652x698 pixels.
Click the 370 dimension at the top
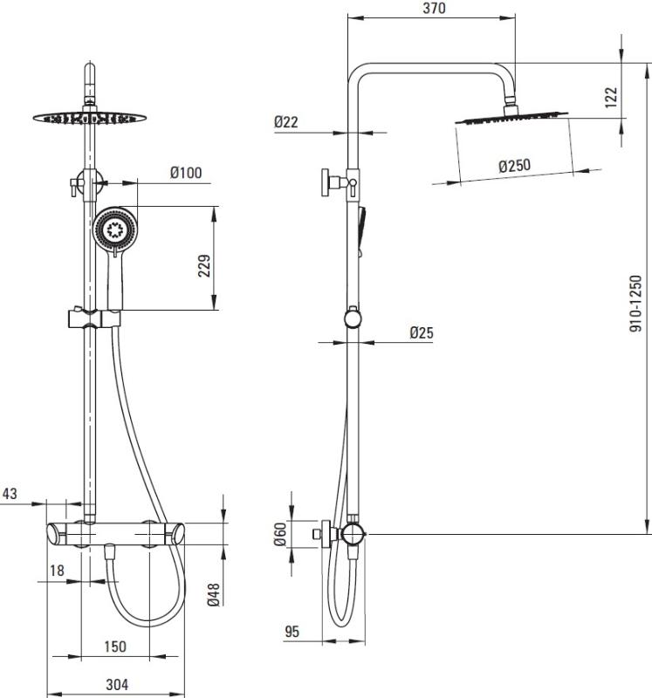click(434, 8)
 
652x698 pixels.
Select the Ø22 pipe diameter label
click(286, 121)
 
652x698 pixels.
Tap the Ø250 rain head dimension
click(515, 166)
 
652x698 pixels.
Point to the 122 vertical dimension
click(612, 97)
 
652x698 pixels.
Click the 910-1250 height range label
click(636, 303)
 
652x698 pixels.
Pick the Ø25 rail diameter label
click(422, 332)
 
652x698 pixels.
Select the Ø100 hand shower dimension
click(186, 172)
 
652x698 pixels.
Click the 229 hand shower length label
click(204, 266)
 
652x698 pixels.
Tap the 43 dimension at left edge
click(10, 493)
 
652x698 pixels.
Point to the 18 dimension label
click(57, 571)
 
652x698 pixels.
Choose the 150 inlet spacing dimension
click(115, 647)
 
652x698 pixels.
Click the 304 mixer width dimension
click(117, 685)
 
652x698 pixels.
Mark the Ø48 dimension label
click(214, 594)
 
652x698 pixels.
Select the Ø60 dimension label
click(279, 534)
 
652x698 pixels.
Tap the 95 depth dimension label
click(292, 632)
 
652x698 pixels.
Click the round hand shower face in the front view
click(115, 229)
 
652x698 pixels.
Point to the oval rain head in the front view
click(90, 118)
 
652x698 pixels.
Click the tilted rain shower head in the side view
click(511, 118)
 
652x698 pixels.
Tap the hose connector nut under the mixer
click(108, 552)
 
